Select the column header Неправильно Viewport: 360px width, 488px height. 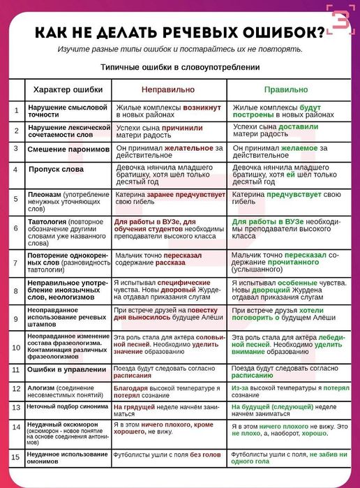click(x=167, y=90)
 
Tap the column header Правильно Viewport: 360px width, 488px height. click(x=285, y=90)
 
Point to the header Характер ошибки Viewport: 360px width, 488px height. click(x=68, y=90)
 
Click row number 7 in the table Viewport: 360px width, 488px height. click(x=16, y=264)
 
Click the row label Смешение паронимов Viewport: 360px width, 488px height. click(x=68, y=149)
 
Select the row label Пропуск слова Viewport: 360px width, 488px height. click(x=55, y=169)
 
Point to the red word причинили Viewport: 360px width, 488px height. click(x=182, y=128)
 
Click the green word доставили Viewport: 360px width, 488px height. click(x=298, y=127)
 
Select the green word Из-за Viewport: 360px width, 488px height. click(x=240, y=387)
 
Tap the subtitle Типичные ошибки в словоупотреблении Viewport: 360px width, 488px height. click(x=180, y=67)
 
